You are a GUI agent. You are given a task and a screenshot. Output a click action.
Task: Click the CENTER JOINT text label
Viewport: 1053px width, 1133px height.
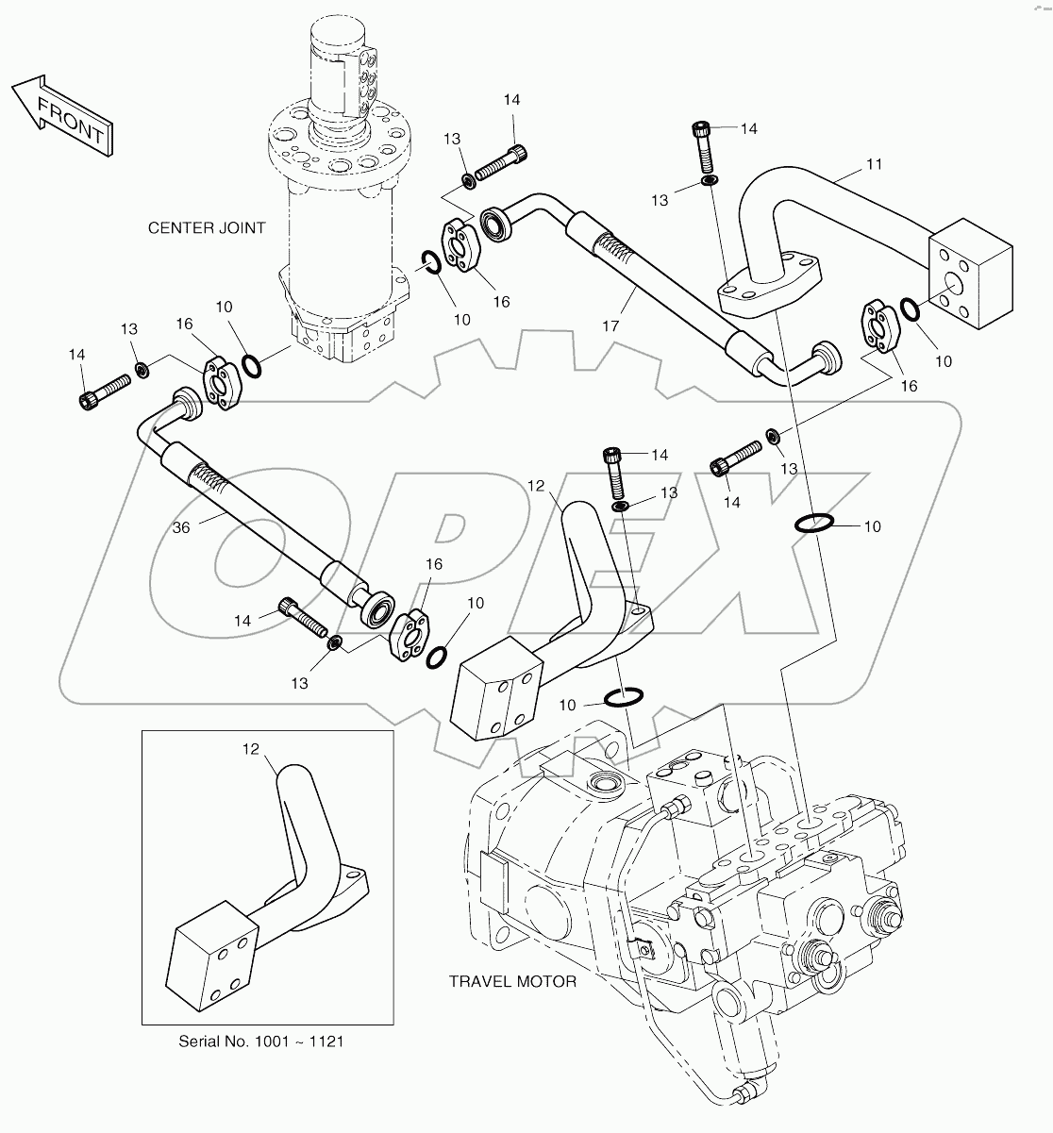pos(207,227)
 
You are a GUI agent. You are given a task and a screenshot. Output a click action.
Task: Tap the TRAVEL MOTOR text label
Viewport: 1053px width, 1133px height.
pos(512,981)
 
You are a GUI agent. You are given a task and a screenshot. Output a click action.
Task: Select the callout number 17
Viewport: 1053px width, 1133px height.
pos(610,325)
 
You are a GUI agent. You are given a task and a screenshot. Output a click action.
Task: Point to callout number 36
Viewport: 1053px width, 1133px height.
pos(180,527)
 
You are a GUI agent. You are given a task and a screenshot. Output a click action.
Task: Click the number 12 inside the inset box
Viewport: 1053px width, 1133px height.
pos(251,749)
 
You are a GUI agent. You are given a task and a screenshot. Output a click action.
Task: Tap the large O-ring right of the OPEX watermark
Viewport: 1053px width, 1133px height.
pos(812,522)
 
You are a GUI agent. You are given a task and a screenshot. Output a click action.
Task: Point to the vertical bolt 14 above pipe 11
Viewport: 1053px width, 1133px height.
pos(704,144)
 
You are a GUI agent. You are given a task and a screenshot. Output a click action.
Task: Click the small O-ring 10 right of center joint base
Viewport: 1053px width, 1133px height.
pos(430,265)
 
